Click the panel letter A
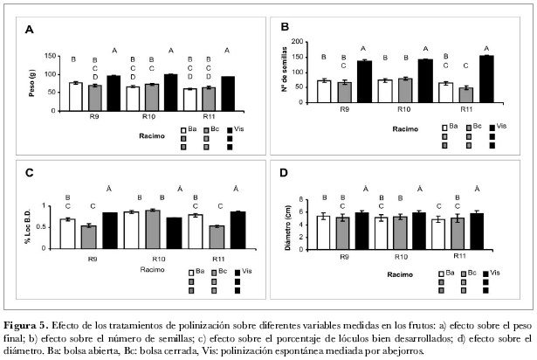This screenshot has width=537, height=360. click(x=28, y=29)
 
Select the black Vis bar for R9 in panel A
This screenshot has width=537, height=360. click(x=113, y=93)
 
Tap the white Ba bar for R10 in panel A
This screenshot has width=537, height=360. click(x=133, y=99)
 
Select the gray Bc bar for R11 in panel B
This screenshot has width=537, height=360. click(x=465, y=94)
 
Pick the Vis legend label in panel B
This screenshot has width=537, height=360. click(x=502, y=127)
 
